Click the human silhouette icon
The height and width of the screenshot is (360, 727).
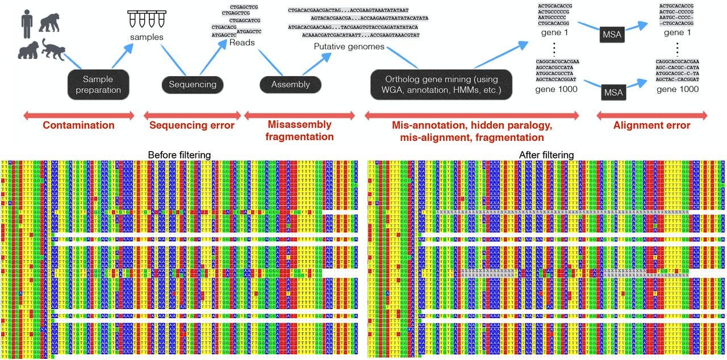click(x=26, y=23)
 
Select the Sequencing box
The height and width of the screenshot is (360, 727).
click(x=193, y=85)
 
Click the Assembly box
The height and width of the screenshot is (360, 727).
click(x=290, y=85)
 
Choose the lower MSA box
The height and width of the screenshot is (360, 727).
click(x=613, y=91)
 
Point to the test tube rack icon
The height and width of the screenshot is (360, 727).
click(x=146, y=19)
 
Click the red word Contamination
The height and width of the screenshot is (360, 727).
click(x=78, y=125)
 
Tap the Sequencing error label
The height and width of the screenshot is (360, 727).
click(x=191, y=125)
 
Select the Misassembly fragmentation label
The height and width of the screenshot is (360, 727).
click(x=299, y=131)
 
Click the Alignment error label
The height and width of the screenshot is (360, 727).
click(x=651, y=125)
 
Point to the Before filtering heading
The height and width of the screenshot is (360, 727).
click(x=179, y=154)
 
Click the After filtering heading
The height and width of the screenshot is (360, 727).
click(x=546, y=154)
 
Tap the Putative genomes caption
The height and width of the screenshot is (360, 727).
click(x=349, y=47)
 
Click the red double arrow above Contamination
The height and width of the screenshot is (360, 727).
click(x=78, y=116)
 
